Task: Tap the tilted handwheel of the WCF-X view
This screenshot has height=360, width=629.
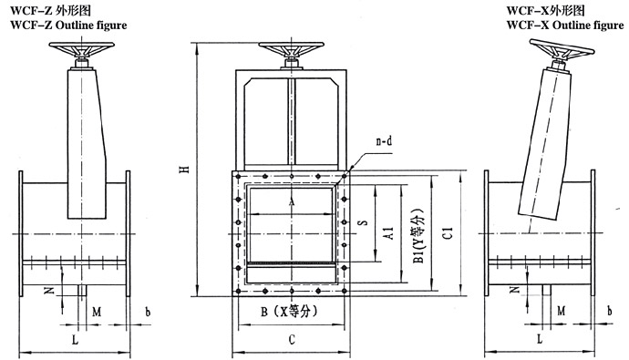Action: pos(562,49)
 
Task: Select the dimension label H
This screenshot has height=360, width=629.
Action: pos(185,170)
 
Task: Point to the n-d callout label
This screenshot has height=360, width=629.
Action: pos(384,141)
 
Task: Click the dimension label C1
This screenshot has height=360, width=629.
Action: pos(449,233)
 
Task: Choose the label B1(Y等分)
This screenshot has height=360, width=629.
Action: pos(418,237)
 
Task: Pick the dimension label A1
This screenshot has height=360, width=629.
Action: pos(388,233)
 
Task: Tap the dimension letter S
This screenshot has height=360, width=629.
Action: pos(363,221)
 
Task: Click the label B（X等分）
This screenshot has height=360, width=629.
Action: pos(289,311)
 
